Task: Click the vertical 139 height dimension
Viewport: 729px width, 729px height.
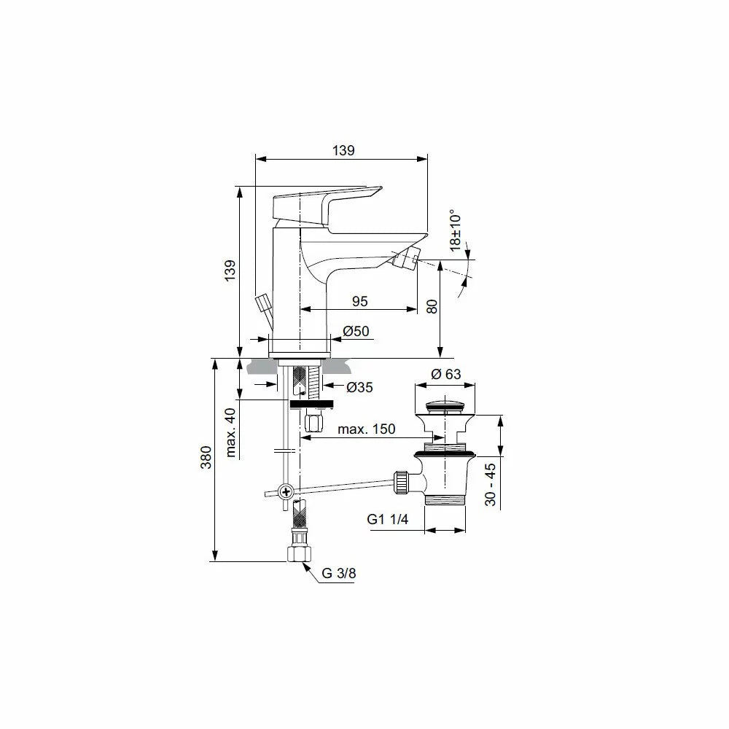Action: click(230, 270)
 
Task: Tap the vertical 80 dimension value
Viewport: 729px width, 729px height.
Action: click(432, 306)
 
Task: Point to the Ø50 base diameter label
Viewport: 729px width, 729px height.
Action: click(356, 331)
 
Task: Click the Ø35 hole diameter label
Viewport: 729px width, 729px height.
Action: click(359, 387)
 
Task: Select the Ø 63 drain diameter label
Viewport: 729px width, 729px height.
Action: click(446, 374)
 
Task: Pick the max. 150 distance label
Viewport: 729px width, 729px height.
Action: click(367, 429)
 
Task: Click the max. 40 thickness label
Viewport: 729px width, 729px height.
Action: click(230, 433)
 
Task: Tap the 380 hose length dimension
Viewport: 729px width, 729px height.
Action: click(206, 458)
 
